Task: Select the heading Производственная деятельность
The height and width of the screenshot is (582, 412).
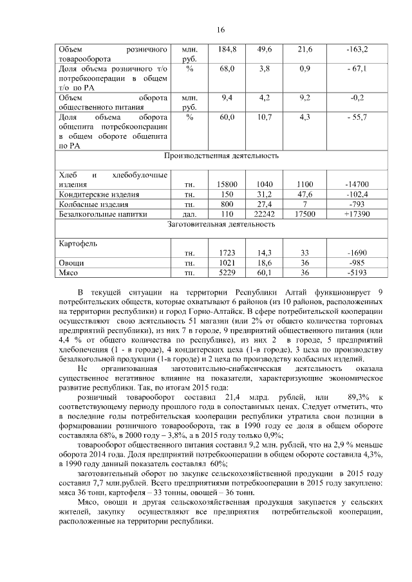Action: click(221, 156)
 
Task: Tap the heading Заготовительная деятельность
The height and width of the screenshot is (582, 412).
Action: click(221, 224)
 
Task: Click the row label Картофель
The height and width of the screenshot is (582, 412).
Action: click(75, 244)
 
